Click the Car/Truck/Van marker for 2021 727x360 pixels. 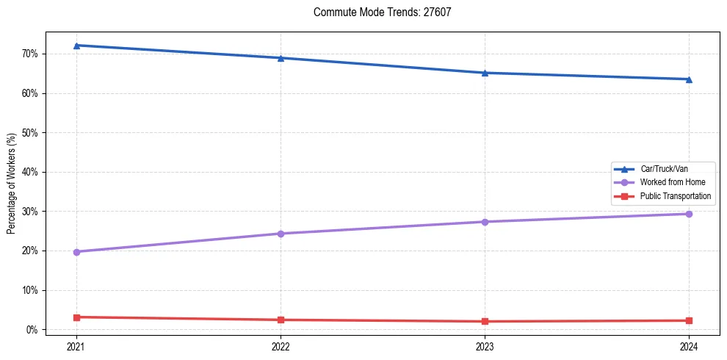[76, 46]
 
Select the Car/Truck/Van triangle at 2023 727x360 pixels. [485, 73]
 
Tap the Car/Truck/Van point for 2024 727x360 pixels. [689, 79]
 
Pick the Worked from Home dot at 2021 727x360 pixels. [76, 252]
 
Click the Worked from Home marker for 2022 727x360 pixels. [281, 234]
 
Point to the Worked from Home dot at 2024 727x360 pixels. [689, 214]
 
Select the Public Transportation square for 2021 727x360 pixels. [76, 317]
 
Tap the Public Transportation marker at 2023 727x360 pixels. [485, 321]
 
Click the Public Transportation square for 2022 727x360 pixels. [281, 320]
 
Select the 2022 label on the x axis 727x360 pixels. [281, 346]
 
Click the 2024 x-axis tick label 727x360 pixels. [689, 346]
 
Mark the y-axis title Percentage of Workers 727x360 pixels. [11, 184]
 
